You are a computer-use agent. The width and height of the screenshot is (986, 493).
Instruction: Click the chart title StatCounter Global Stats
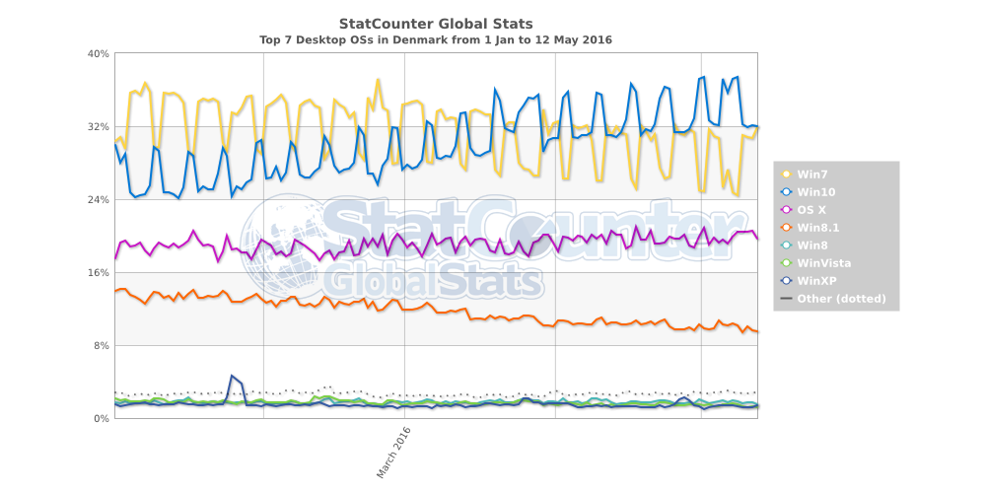[x=436, y=23]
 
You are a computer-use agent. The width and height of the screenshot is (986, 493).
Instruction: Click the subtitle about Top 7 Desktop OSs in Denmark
[x=436, y=40]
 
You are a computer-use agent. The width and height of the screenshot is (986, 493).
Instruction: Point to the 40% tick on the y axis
[x=98, y=53]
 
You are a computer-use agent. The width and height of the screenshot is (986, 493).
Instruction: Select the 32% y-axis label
[x=98, y=126]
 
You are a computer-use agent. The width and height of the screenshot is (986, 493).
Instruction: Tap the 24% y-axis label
[x=98, y=199]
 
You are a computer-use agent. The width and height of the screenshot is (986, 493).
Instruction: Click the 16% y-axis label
[x=98, y=272]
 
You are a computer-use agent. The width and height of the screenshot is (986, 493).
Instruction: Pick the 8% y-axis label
[x=101, y=345]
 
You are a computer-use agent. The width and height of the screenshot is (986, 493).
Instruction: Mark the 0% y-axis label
[x=101, y=418]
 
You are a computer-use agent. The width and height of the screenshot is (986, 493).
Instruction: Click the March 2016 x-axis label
[x=393, y=453]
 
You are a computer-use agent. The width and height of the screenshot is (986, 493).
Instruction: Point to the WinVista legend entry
[x=823, y=263]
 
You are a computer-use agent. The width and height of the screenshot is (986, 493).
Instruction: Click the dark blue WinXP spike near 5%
[x=231, y=376]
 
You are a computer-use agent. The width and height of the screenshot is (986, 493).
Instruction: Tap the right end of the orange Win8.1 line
[x=757, y=331]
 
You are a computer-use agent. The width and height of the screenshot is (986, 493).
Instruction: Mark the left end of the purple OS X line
[x=115, y=258]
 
